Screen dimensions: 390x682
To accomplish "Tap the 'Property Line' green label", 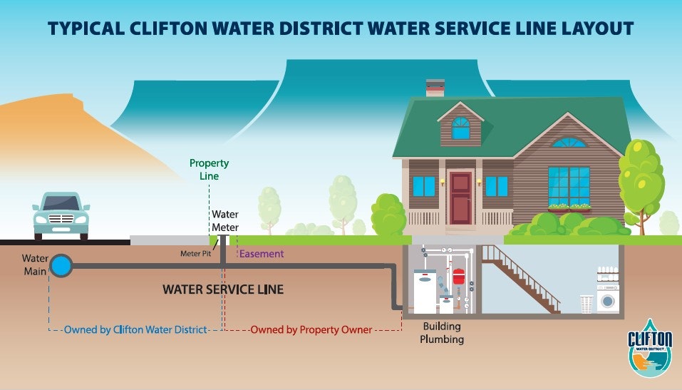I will point(209,170).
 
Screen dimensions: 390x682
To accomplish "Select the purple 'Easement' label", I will point(262,254).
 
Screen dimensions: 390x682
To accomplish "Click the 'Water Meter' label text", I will point(224,221).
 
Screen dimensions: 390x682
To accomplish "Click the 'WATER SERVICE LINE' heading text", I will point(223,289).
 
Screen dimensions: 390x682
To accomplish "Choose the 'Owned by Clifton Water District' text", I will point(135,330).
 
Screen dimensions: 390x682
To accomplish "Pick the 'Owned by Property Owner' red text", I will point(311,330).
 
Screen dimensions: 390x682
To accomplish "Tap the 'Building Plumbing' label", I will point(441,333).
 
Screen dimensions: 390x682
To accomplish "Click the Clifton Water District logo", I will point(649,347).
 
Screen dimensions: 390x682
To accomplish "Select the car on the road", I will point(61,215).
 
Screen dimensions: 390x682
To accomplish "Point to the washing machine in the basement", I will point(608,299).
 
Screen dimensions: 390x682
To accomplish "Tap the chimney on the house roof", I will point(435,88).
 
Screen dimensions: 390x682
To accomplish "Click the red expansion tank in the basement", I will point(458,278).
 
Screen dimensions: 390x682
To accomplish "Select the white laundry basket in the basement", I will point(587,304).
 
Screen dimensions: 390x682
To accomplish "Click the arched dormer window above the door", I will point(461,128).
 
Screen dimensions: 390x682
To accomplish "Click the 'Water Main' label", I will point(34,264).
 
